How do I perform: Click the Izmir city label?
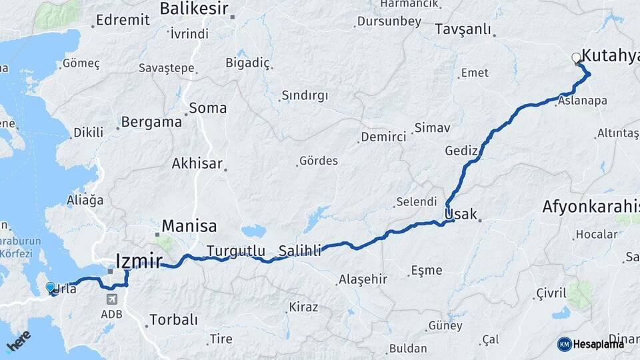139,261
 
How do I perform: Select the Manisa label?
189,225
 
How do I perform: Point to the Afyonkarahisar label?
591,206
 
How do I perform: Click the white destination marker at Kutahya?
577,58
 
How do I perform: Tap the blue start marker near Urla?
51,287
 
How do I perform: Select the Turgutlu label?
236,251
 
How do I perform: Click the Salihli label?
300,251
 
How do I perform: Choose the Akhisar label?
197,163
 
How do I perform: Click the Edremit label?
123,19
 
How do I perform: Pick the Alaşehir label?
363,279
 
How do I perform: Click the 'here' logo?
19,341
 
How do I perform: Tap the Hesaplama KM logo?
591,344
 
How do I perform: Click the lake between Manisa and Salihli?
253,232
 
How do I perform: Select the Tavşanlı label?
463,29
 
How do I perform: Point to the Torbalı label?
173,319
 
